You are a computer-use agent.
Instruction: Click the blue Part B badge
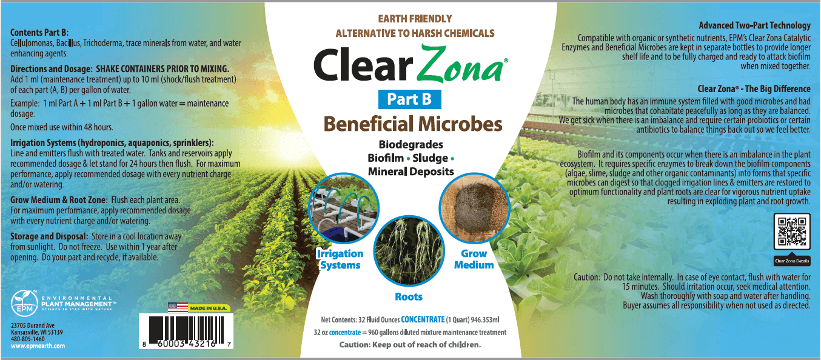click(x=409, y=99)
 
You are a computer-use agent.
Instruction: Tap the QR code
click(x=792, y=232)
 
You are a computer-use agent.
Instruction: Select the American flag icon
click(x=178, y=308)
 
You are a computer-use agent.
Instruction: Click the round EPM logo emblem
click(x=24, y=303)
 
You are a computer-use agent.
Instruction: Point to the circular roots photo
click(x=409, y=252)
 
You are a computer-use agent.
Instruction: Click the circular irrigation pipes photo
click(x=343, y=208)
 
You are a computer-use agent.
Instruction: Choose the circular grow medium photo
click(x=474, y=208)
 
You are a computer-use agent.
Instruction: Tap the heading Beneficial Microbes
click(x=413, y=124)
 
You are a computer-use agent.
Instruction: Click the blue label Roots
click(x=409, y=296)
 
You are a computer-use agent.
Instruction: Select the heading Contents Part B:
click(x=39, y=32)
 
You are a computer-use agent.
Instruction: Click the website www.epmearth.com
click(x=38, y=345)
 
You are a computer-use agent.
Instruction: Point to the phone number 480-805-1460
click(x=28, y=339)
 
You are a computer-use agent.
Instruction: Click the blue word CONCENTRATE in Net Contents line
click(x=423, y=320)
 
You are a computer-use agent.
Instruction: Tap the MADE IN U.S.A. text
click(x=208, y=308)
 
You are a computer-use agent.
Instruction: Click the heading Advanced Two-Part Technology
click(x=755, y=25)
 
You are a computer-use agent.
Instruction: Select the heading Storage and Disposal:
click(x=49, y=236)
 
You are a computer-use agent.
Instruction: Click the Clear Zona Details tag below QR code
click(x=792, y=261)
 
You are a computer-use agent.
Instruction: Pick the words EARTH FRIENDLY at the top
click(x=415, y=19)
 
